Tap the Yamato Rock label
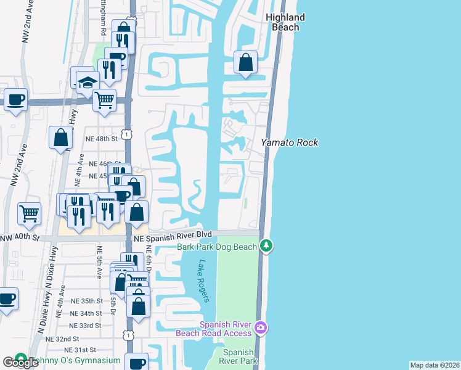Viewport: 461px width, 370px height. (290, 142)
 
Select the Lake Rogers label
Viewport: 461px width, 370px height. (204, 281)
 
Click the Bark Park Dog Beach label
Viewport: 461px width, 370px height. (217, 247)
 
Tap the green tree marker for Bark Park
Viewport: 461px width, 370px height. (266, 246)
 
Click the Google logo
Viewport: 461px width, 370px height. (20, 363)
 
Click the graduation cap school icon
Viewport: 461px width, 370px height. (88, 83)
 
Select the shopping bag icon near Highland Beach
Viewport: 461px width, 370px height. (245, 62)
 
